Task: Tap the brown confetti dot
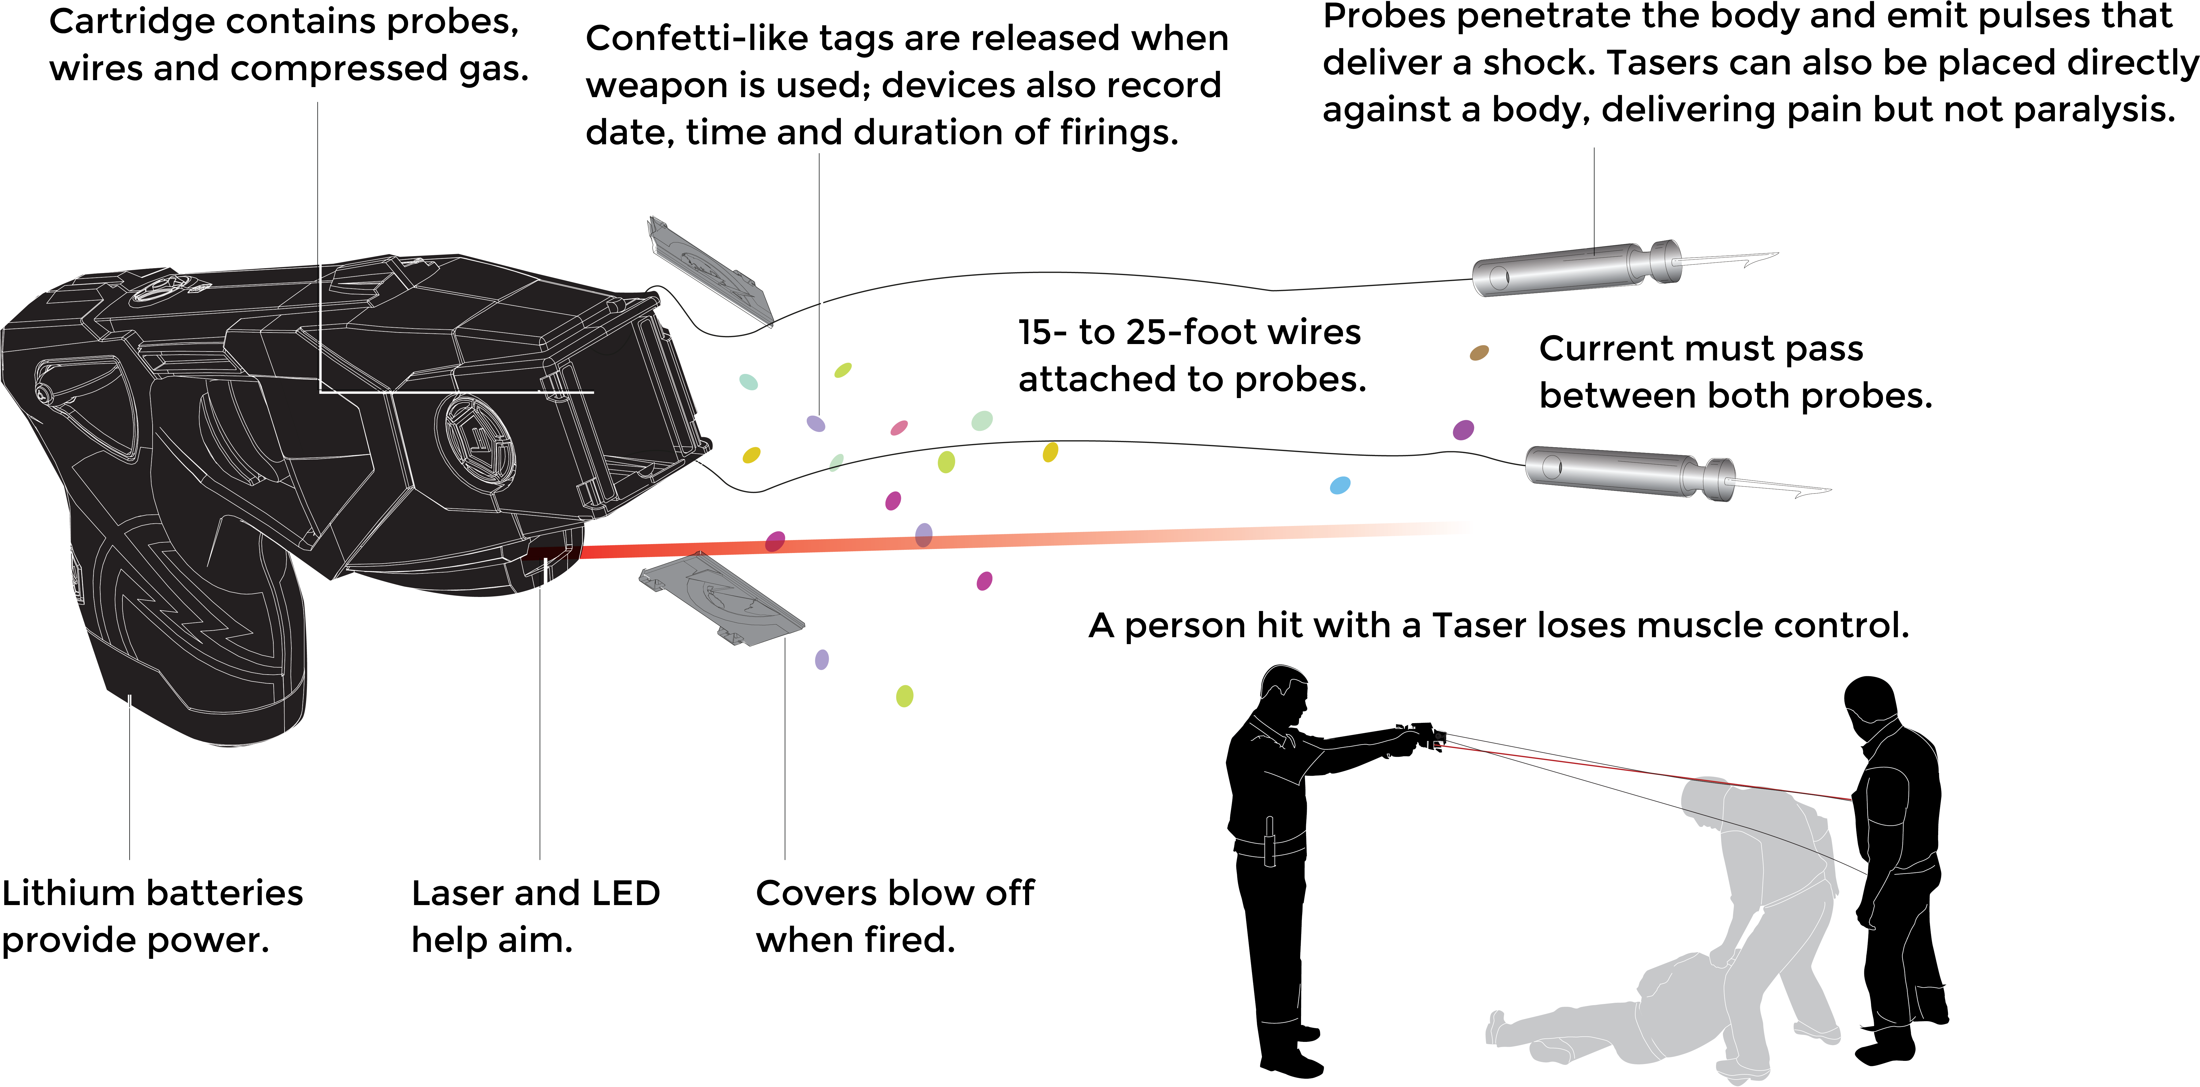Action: pos(1478,353)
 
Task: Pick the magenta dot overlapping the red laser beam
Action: pos(775,541)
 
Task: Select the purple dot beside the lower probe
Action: pos(1463,429)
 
